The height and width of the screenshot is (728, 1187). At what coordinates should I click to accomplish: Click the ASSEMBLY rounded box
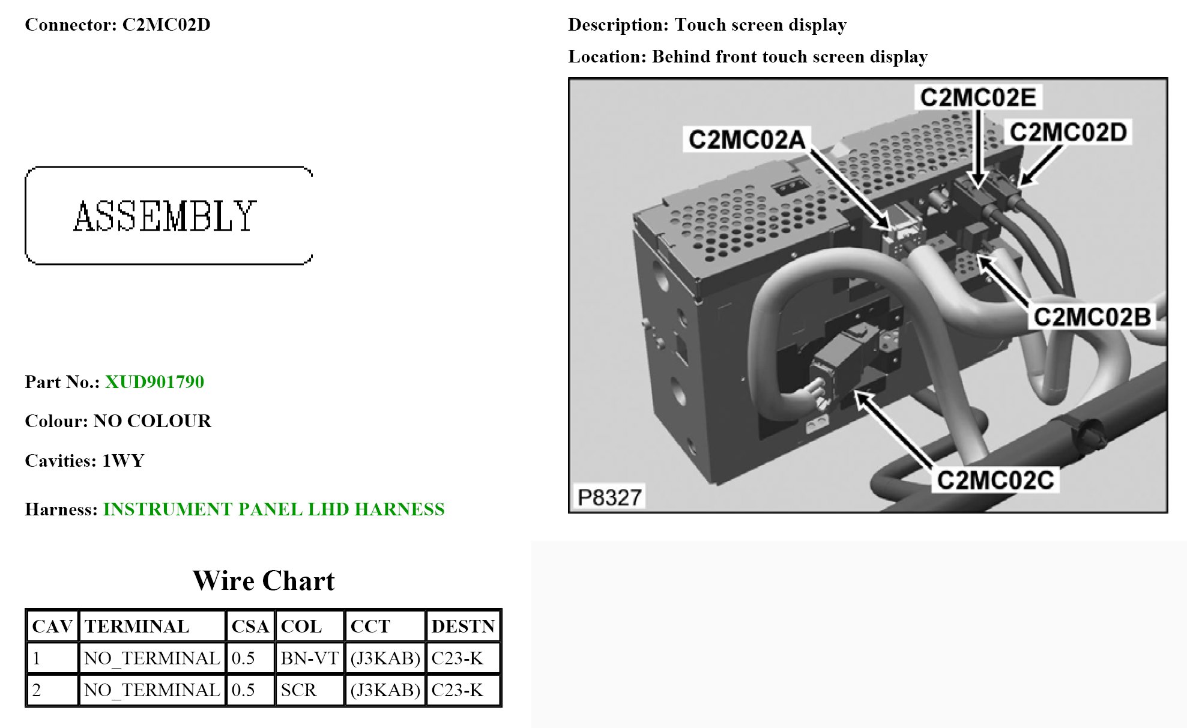click(x=168, y=216)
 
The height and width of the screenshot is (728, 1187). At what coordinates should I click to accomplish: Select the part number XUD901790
click(x=154, y=382)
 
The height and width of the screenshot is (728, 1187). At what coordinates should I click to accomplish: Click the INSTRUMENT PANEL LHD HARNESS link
click(x=273, y=509)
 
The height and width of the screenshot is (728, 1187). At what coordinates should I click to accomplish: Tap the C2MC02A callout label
click(x=746, y=139)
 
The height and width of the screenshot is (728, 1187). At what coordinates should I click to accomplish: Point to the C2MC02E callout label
click(x=977, y=97)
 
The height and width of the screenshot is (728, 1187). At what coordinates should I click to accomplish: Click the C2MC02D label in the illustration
click(x=1068, y=132)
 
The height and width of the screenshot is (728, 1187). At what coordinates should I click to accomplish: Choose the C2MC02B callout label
click(x=1092, y=317)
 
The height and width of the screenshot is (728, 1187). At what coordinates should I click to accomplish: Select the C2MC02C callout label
click(x=995, y=481)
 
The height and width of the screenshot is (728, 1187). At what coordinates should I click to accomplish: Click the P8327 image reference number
click(x=609, y=497)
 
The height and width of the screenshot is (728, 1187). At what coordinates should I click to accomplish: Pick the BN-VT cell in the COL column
click(x=309, y=658)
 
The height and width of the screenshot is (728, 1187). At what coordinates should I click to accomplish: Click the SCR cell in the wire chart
click(x=298, y=690)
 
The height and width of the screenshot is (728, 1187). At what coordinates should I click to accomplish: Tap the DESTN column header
click(x=463, y=626)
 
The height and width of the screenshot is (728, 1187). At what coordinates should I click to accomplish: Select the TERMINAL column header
click(x=137, y=626)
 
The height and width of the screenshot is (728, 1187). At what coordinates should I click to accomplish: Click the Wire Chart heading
click(x=264, y=581)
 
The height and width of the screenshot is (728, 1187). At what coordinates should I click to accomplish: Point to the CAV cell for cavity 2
click(x=37, y=690)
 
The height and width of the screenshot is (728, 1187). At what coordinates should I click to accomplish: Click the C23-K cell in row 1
click(x=458, y=658)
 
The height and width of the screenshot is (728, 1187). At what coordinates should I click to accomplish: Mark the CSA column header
click(x=250, y=626)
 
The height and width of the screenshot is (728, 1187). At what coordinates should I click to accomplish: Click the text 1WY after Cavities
click(x=123, y=461)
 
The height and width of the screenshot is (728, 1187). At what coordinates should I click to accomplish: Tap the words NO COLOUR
click(x=153, y=421)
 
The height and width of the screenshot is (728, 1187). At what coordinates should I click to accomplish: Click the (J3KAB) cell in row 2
click(x=385, y=690)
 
